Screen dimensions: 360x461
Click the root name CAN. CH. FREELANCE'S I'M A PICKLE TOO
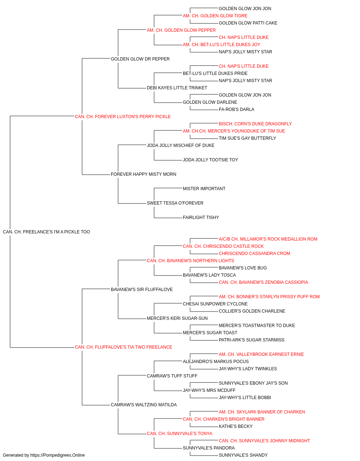tap(46, 232)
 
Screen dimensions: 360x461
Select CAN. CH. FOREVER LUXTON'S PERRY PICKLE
tap(123, 117)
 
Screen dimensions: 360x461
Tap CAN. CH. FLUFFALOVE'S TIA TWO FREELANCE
tap(123, 347)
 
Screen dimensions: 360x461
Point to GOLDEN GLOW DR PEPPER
tap(140, 59)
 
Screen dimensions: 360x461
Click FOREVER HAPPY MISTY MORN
tap(144, 174)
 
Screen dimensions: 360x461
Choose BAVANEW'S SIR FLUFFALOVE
tap(142, 290)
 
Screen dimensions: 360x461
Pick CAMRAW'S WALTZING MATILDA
tap(144, 405)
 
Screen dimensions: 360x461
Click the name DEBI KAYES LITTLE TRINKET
tap(177, 88)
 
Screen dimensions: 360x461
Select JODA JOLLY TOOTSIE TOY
tap(211, 160)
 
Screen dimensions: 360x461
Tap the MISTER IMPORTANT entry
tap(204, 189)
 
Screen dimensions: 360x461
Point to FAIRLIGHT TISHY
tap(201, 218)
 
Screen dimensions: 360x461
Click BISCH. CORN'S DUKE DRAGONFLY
tap(255, 124)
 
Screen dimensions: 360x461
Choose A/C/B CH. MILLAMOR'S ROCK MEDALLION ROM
tap(268, 239)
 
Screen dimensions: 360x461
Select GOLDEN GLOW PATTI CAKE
tap(248, 23)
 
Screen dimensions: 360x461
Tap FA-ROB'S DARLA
tap(237, 109)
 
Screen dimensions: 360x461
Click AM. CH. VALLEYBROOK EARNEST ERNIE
tap(261, 354)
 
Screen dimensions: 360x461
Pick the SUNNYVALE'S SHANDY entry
tap(243, 455)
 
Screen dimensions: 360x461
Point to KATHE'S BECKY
tap(236, 426)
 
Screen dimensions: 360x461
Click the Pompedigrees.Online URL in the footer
tap(58, 455)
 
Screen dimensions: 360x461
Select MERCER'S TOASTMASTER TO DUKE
tap(257, 326)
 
